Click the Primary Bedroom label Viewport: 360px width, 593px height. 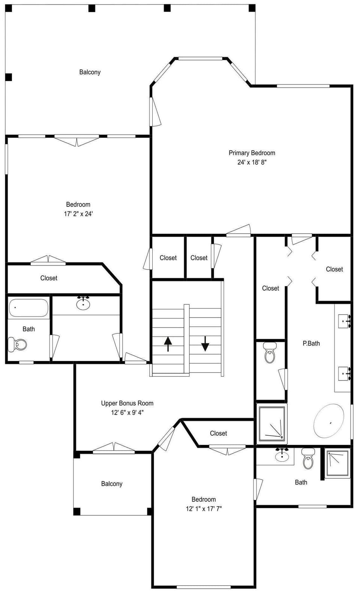252,153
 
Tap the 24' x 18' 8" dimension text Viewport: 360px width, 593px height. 252,162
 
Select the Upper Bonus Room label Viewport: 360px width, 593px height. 127,403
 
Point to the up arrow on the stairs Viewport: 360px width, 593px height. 168,344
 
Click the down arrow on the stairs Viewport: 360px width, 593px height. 205,344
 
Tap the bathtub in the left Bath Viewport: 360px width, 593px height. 28,308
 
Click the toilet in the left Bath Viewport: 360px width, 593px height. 18,344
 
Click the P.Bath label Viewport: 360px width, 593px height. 311,343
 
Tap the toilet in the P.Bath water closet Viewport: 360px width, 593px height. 270,352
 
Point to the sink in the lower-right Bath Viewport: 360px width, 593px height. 282,455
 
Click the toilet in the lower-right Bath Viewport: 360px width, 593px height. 308,458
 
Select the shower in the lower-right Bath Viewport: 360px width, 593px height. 337,463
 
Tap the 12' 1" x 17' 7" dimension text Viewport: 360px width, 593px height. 204,509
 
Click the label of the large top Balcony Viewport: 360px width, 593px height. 90,72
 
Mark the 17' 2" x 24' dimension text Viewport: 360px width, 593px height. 78,214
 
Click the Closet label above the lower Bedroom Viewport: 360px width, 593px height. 218,433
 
